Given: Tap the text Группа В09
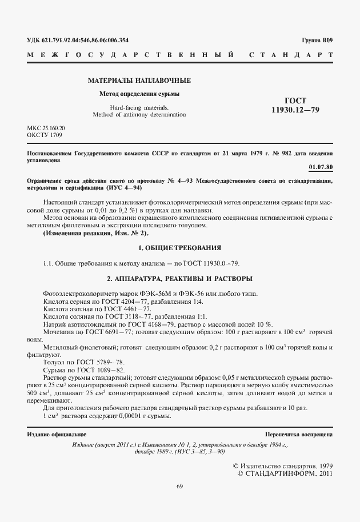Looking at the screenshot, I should tap(317, 40).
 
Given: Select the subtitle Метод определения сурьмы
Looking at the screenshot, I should tap(139, 94).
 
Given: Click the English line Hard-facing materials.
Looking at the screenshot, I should tap(139, 107).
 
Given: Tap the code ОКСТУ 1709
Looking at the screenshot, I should tap(45, 135).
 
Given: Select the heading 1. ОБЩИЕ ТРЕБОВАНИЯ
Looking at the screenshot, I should tap(180, 248).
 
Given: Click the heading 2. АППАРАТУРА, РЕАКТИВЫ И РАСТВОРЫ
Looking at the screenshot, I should tap(180, 278).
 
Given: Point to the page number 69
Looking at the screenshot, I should tap(179, 486).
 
